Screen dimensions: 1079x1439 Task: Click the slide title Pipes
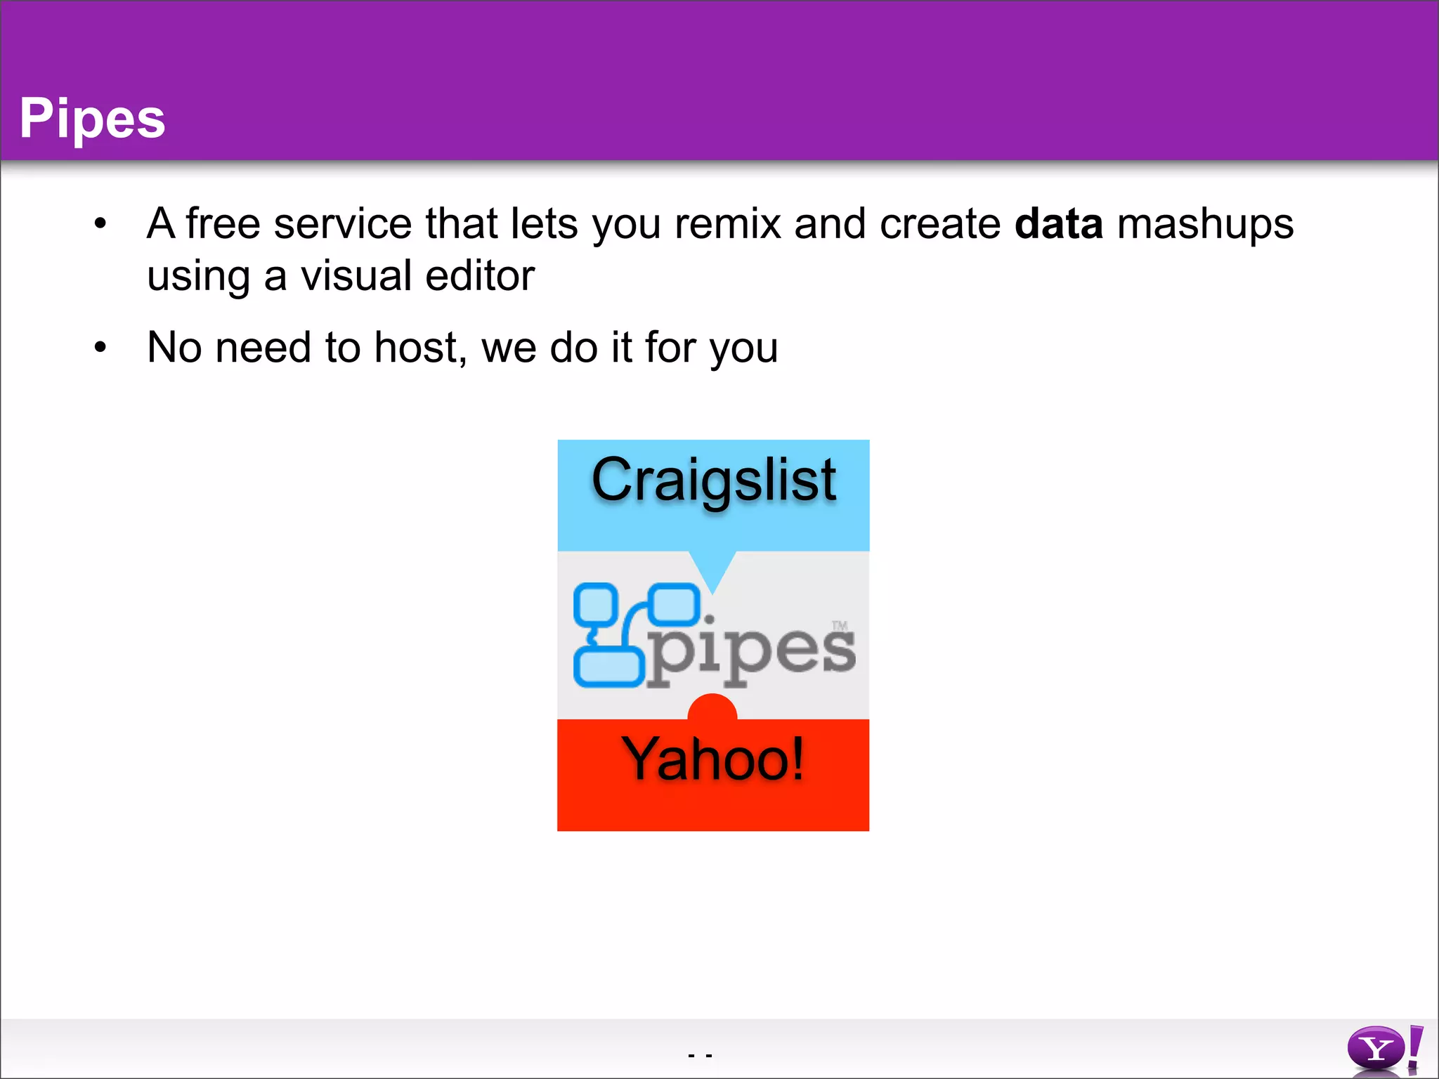(x=92, y=118)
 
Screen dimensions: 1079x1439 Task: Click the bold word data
(x=1058, y=224)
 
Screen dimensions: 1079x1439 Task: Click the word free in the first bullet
(x=223, y=224)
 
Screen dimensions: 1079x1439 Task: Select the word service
(x=342, y=224)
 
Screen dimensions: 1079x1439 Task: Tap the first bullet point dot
(x=100, y=224)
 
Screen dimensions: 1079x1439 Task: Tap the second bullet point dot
(x=100, y=347)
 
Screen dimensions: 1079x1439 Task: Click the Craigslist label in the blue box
(x=713, y=480)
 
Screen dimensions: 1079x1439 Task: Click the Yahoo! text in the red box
(x=712, y=759)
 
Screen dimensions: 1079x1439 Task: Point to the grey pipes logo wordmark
(x=750, y=650)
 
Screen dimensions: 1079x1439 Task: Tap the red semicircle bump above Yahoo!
(x=712, y=707)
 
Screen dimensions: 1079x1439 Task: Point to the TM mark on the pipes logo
(x=840, y=625)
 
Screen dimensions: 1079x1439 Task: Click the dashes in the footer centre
(x=701, y=1055)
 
